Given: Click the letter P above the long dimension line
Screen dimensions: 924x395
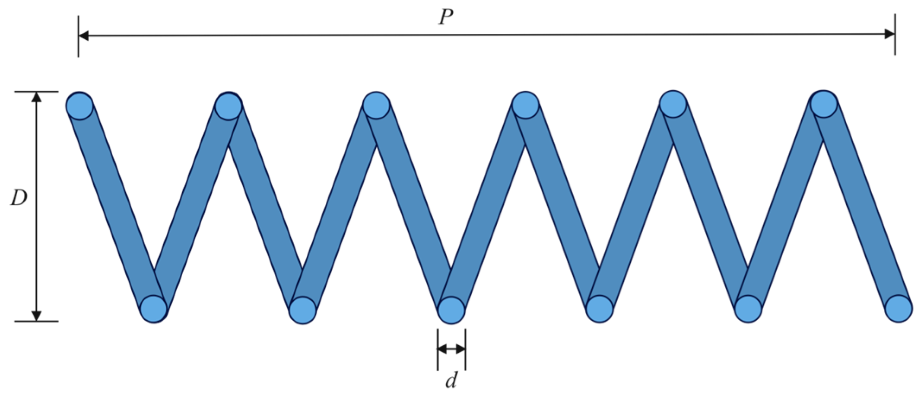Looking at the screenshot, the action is pos(446,18).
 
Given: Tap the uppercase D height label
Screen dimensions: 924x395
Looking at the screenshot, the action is pos(19,198).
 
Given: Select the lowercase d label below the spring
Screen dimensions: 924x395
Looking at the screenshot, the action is pos(451,381).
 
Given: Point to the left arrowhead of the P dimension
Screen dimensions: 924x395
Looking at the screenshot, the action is pos(84,35).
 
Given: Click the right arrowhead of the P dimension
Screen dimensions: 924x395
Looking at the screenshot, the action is pos(889,34).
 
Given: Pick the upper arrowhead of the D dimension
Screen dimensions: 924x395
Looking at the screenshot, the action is pos(37,97).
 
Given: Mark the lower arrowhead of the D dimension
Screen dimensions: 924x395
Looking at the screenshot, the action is pos(37,315).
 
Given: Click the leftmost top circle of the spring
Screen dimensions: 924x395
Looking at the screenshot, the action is pos(79,105).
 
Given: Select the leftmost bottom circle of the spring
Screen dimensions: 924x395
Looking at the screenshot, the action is pos(154,309).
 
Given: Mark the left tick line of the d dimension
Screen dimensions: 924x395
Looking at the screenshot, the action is pos(438,349).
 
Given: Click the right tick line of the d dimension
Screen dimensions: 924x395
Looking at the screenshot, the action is pos(465,349).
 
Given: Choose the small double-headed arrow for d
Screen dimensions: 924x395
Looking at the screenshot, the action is pos(451,349).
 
